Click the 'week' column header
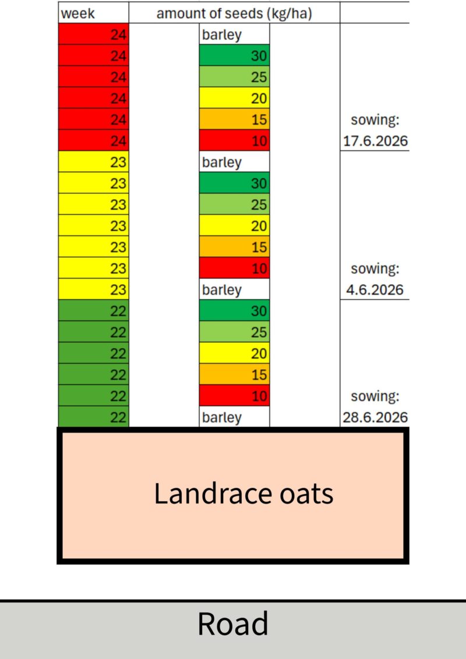(78, 13)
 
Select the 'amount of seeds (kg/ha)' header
(234, 13)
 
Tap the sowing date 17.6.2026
(375, 141)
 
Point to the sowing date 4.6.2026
(375, 289)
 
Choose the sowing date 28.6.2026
(375, 417)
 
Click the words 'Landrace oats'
(243, 494)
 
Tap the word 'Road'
(232, 623)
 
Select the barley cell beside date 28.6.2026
(234, 417)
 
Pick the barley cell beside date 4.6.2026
(234, 289)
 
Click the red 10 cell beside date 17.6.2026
(234, 140)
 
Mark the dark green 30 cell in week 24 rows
(234, 55)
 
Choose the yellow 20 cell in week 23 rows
(234, 226)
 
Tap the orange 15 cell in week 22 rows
(234, 374)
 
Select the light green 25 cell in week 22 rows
(234, 332)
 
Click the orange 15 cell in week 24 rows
(234, 119)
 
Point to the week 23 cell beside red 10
(93, 268)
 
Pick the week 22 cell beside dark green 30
(93, 311)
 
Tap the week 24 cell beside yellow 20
(93, 98)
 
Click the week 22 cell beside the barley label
(93, 417)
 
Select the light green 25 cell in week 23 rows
(234, 204)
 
